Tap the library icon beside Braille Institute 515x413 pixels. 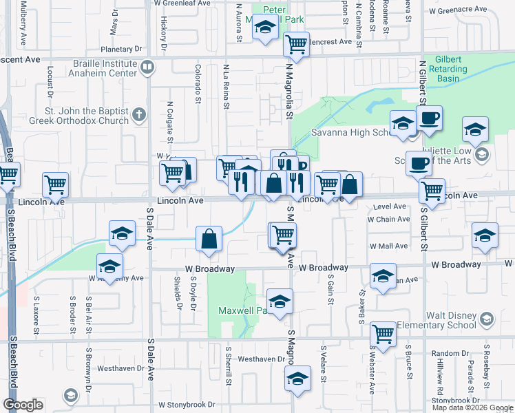coord(147,67)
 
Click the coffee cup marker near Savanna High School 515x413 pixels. coord(429,118)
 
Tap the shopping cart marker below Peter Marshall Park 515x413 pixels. coord(296,45)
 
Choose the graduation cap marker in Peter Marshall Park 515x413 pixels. coord(264,28)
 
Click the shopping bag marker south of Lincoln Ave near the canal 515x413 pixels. coord(209,240)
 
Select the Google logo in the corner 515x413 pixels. coord(23,405)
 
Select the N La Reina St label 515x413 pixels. coord(226,86)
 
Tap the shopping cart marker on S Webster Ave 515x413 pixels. coord(383,335)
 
